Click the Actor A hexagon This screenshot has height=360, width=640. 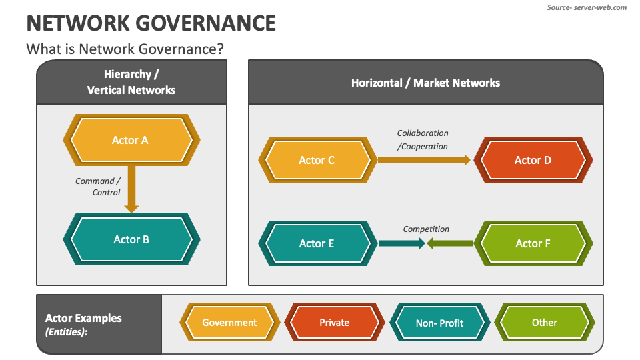click(x=131, y=140)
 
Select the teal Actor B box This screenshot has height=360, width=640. click(x=131, y=239)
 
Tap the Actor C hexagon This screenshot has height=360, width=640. click(x=317, y=160)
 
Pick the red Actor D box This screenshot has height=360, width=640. click(x=533, y=160)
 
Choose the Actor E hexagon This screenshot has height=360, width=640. click(x=317, y=243)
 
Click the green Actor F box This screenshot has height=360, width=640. click(x=533, y=243)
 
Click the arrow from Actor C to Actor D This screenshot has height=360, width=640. click(x=423, y=160)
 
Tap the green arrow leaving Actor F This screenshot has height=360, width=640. click(x=450, y=243)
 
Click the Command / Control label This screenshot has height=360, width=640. click(x=98, y=187)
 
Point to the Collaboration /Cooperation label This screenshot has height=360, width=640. click(x=423, y=139)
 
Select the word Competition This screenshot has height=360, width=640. click(x=426, y=229)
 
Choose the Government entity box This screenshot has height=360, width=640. click(x=229, y=323)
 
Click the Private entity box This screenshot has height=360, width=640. click(x=334, y=323)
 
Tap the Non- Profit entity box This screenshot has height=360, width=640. click(x=439, y=323)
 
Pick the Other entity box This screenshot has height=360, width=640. click(x=544, y=323)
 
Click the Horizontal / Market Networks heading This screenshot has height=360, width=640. click(x=425, y=83)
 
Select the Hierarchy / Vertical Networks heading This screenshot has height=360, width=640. click(x=131, y=82)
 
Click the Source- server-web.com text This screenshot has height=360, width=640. click(x=587, y=7)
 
